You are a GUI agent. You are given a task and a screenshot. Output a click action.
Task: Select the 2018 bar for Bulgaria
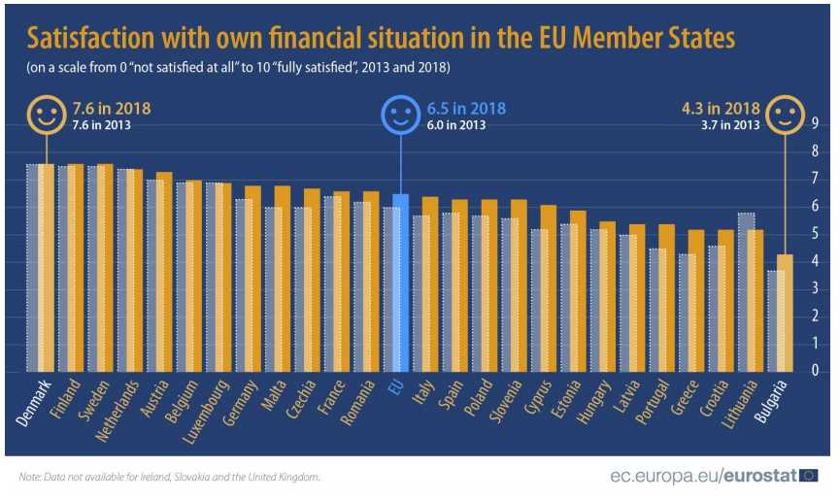(x=788, y=313)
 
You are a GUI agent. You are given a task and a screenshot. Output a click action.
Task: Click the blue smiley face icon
(x=398, y=117)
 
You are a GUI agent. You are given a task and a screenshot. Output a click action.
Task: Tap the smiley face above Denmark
(x=46, y=117)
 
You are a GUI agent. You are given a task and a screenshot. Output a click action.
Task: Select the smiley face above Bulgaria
(x=784, y=117)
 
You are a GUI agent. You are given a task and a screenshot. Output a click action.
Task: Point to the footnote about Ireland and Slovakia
(x=169, y=477)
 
